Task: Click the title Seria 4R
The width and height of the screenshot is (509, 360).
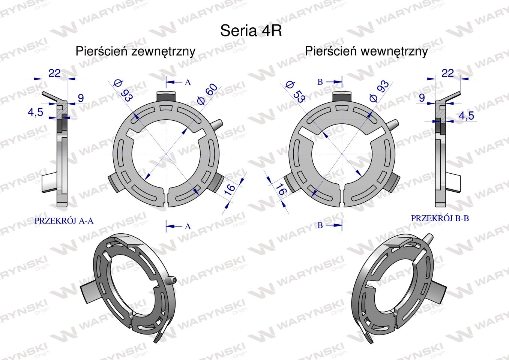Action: tap(251, 31)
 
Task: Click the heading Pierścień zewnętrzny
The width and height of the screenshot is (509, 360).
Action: tap(135, 51)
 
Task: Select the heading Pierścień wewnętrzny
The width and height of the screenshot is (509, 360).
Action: tap(366, 51)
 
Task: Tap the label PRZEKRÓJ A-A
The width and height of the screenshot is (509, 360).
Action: tap(64, 221)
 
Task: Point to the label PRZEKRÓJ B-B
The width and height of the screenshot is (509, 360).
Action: tap(440, 218)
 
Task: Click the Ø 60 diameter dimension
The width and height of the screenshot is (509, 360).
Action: tap(207, 94)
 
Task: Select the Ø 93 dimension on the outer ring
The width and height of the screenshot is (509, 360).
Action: tap(123, 90)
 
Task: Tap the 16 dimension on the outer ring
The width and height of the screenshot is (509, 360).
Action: tap(229, 189)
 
